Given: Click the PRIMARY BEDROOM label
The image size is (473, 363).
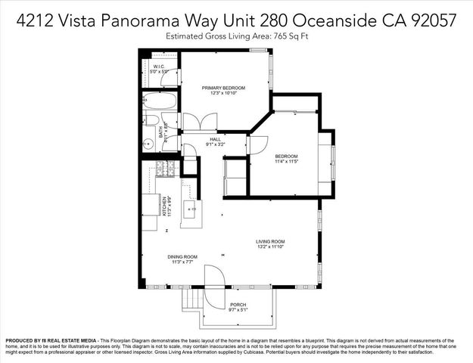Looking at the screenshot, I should [x=223, y=88].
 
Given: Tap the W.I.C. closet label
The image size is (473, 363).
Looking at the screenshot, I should [x=159, y=67].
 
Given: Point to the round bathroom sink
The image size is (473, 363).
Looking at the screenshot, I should [x=148, y=141].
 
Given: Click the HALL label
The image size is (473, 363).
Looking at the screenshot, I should [x=215, y=138].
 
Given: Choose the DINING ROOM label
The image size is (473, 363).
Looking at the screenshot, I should [x=182, y=256].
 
